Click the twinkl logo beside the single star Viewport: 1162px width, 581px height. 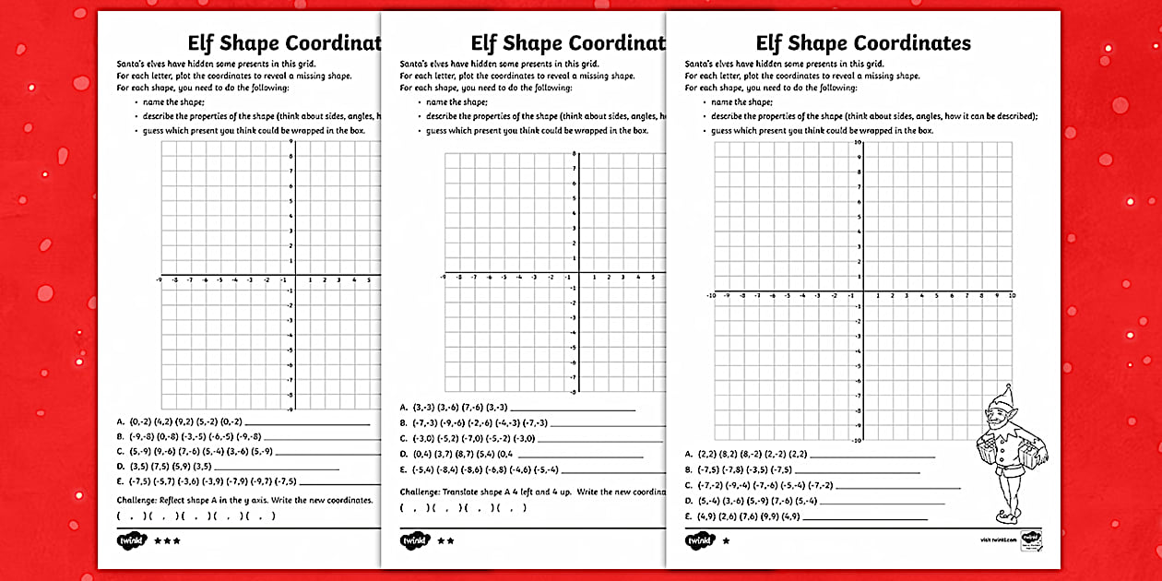tap(699, 540)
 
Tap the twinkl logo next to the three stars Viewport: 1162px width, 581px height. tap(131, 540)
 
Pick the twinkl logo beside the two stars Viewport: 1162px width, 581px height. tap(415, 540)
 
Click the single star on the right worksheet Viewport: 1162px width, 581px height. tap(726, 540)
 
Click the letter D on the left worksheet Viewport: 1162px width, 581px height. tap(120, 468)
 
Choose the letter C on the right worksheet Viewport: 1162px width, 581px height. tap(688, 485)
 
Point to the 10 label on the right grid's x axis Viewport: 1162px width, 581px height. tap(1012, 296)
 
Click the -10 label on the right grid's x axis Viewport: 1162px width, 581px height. tap(710, 296)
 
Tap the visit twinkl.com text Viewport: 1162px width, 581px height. tap(996, 540)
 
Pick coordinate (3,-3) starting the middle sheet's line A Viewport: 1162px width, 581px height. tap(424, 407)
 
